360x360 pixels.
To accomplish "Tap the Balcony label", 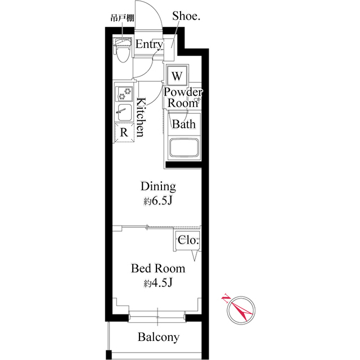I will (159, 337).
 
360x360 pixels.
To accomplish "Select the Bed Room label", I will (158, 268).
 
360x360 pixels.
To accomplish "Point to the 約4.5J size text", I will (158, 283).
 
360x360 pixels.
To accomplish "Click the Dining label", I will (158, 186).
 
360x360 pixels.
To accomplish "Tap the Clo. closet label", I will (188, 240).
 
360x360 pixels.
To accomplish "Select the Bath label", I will (183, 124).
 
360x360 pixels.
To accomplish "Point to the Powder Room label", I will (183, 98).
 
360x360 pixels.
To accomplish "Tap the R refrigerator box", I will (124, 133).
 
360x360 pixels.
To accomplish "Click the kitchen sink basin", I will (124, 111).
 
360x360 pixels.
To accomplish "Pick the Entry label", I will (149, 44).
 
